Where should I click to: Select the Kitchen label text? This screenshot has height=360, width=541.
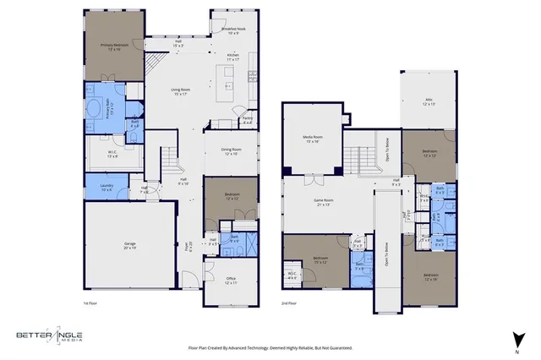233,57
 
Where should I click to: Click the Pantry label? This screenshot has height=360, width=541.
247,121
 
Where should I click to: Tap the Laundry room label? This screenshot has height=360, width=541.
107,186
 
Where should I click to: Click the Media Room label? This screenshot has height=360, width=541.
314,139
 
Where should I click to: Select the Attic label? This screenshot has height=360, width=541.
429,101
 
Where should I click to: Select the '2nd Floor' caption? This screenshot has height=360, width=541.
290,302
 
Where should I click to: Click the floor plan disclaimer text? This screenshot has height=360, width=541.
270,346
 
